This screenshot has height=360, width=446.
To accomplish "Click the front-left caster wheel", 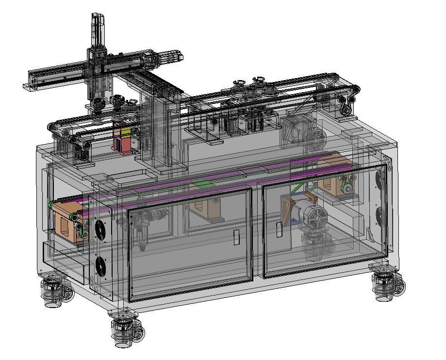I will [127, 329].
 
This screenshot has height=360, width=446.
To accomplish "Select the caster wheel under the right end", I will [388, 284].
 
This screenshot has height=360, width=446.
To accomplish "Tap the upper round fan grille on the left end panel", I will [100, 228].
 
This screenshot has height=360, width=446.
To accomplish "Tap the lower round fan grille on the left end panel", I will [100, 266].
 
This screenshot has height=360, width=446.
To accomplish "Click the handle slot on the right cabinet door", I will [280, 229].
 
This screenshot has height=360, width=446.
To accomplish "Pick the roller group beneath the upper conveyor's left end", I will [80, 146].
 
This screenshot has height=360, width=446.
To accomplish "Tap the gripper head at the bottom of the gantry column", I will [99, 104].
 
